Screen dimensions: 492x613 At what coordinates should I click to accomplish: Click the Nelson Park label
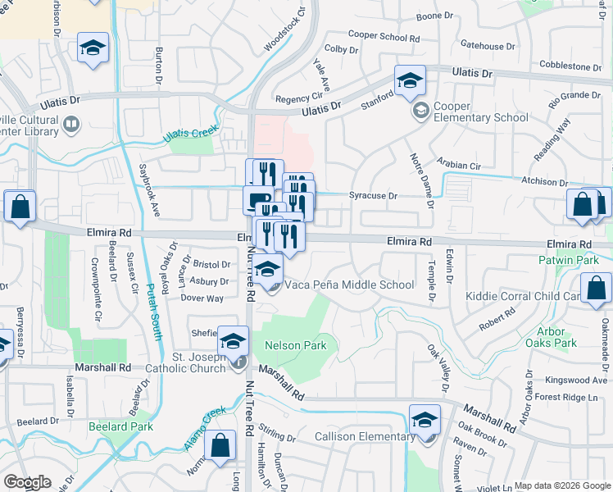tap(295, 345)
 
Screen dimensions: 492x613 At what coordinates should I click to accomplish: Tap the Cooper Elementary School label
tap(480, 117)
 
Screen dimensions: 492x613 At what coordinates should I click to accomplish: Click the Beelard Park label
tap(120, 426)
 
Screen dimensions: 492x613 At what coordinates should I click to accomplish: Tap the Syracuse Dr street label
tap(373, 196)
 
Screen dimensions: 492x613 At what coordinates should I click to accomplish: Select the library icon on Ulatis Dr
tap(71, 125)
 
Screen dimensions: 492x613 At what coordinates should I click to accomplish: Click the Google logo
tap(27, 482)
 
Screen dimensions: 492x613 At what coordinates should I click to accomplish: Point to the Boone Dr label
tap(434, 16)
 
